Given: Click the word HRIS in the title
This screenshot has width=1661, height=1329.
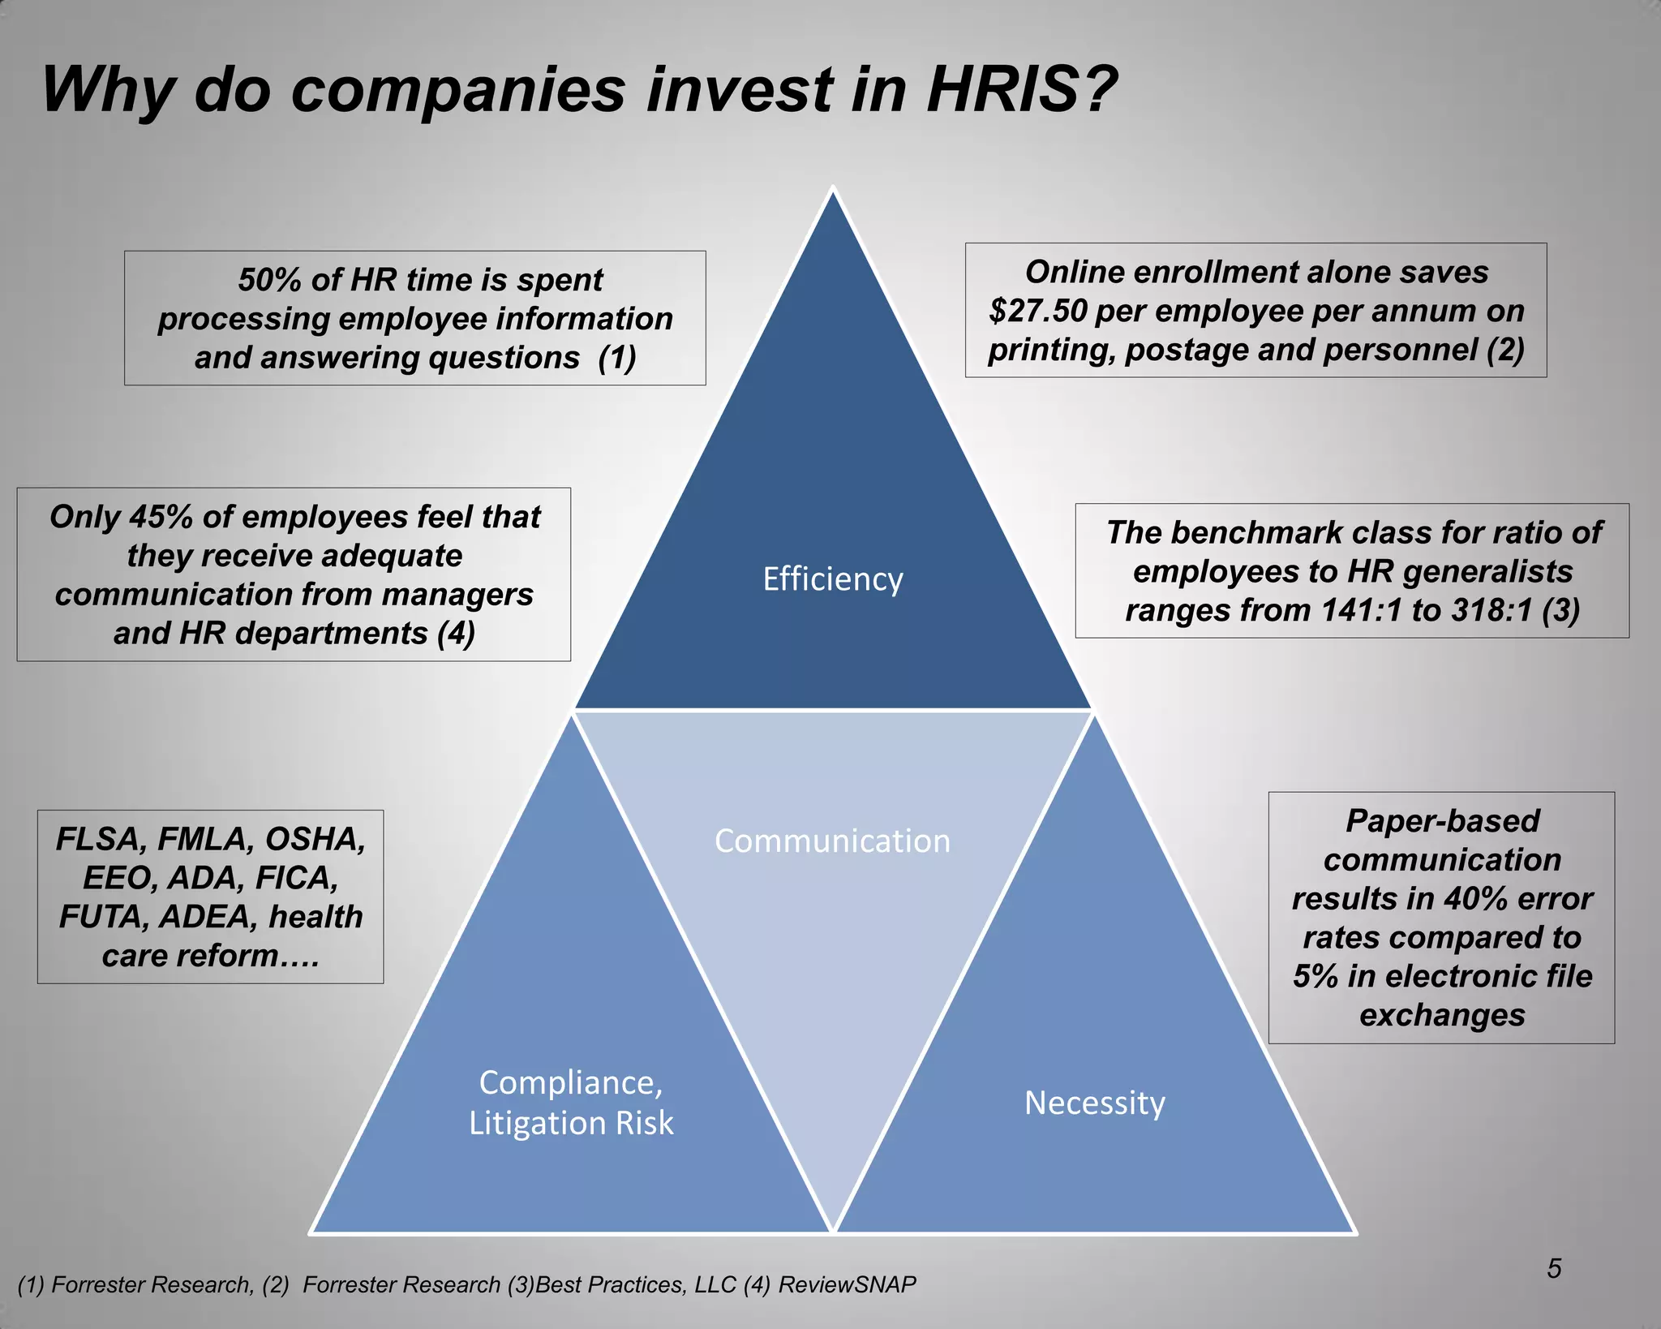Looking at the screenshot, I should click(x=1010, y=89).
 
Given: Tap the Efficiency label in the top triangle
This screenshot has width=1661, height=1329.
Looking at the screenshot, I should click(x=833, y=579).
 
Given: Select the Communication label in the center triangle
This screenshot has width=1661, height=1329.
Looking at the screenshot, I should click(x=832, y=841).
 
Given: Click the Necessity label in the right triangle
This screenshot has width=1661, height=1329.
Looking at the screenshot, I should click(x=1094, y=1103).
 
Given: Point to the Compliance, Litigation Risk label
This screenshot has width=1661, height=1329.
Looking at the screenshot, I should click(x=571, y=1103).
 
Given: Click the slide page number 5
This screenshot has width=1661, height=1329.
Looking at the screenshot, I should click(x=1553, y=1268).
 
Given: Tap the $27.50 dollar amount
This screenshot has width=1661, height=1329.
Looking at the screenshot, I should click(x=1037, y=311).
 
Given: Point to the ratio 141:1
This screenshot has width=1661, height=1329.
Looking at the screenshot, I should click(x=1362, y=610).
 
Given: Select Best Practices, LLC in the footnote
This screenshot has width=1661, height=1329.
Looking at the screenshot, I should click(x=636, y=1284).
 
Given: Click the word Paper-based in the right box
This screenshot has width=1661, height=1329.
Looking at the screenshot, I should click(x=1442, y=821).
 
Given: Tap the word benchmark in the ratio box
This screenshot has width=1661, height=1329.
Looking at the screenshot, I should click(x=1255, y=532).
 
